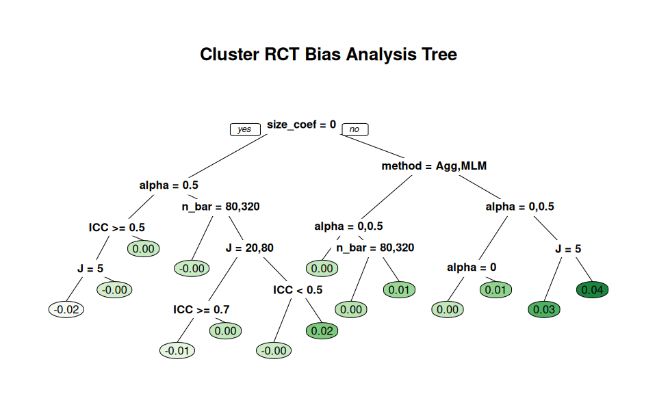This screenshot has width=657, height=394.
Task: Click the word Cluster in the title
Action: click(230, 55)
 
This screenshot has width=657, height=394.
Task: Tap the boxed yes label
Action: click(245, 129)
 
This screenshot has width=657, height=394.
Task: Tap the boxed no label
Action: click(355, 129)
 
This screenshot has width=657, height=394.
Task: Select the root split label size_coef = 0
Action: click(302, 124)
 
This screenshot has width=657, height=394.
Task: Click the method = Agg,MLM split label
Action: click(434, 166)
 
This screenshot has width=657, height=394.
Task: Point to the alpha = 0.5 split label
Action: click(169, 185)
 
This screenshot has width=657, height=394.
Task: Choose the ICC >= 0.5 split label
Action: click(117, 227)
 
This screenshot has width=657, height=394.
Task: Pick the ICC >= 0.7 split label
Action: click(201, 309)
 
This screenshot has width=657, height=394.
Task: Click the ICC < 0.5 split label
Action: click(298, 290)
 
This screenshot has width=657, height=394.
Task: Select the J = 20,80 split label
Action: click(250, 248)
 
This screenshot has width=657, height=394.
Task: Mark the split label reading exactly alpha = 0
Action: click(472, 267)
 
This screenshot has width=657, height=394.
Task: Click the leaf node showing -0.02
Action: click(66, 309)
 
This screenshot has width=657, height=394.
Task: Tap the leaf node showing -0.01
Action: click(177, 350)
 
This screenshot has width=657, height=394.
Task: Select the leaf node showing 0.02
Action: click(322, 331)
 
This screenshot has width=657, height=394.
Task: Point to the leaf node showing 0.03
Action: click(544, 309)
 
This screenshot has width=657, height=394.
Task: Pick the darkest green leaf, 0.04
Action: click(593, 290)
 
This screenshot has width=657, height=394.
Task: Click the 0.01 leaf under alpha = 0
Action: click(495, 290)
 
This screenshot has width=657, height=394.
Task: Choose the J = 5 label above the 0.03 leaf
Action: click(568, 249)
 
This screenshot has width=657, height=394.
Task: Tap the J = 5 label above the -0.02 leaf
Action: click(90, 268)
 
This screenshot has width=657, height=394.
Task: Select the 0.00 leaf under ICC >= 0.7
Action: click(225, 331)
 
